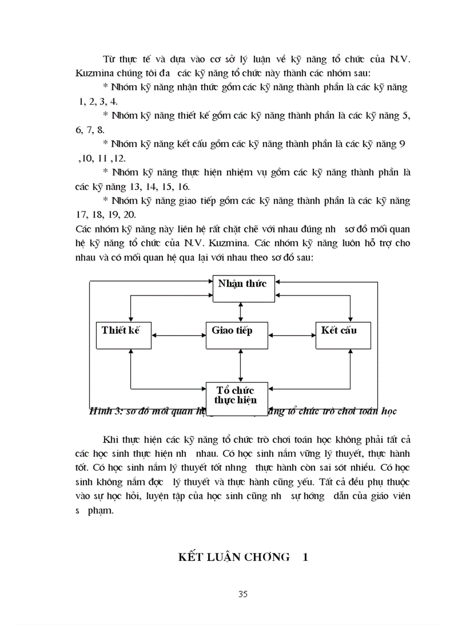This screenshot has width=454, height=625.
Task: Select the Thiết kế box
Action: point(123,334)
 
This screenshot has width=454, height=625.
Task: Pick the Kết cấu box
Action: point(339,334)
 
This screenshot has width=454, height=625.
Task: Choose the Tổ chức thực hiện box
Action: point(237,395)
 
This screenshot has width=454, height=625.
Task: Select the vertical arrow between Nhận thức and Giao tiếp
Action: point(240,312)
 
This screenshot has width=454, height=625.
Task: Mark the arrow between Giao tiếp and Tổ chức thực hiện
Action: point(240,365)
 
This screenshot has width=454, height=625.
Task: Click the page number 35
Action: point(242,594)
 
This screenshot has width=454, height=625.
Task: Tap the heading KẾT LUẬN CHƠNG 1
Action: point(243,557)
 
